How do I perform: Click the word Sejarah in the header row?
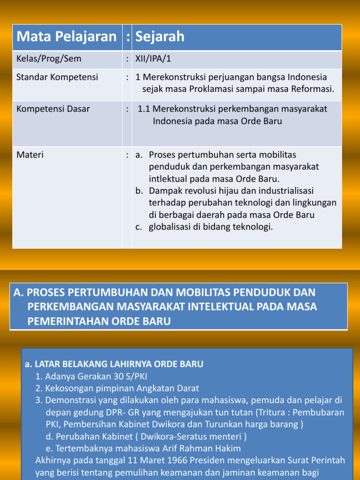point(158,37)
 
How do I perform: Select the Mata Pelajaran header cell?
point(66,37)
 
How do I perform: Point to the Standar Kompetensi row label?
point(57,77)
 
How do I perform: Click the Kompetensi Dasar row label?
point(53,109)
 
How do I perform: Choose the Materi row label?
point(30,154)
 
